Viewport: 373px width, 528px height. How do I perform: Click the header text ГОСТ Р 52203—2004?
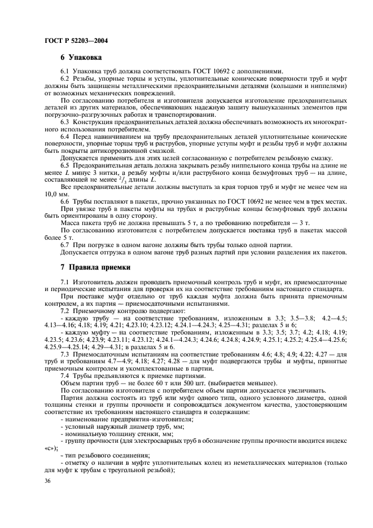pos(76,40)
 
